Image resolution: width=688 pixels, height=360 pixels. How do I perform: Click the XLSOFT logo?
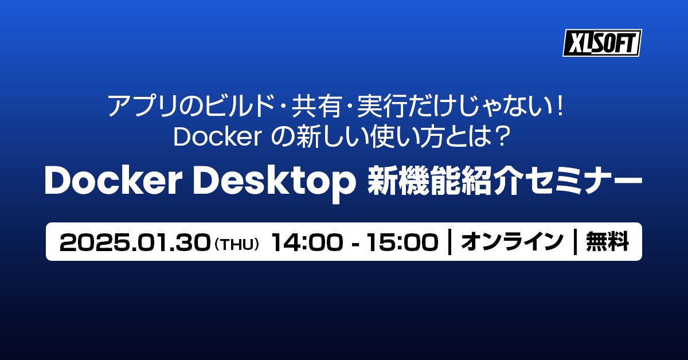point(603,43)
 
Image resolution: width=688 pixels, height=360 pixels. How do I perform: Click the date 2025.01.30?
point(135,242)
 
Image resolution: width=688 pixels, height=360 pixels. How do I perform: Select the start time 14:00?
point(307,242)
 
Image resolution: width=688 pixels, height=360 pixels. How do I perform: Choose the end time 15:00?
point(402,242)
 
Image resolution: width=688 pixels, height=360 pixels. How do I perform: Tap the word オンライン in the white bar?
point(512,242)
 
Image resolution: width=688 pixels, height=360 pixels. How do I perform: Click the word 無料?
point(608,242)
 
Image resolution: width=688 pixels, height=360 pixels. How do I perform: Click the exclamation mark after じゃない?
point(560,106)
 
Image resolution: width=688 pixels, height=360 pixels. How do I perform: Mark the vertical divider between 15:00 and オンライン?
point(449,242)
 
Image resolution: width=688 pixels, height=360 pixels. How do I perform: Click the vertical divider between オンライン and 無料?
point(575,242)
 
